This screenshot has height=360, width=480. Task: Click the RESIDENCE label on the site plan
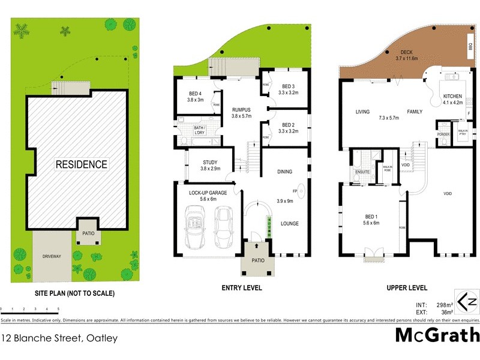(82, 164)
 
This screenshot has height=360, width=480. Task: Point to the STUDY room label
(209, 162)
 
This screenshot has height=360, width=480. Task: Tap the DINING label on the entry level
(284, 172)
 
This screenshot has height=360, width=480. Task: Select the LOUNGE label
(289, 224)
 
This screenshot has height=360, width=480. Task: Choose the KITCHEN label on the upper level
(452, 96)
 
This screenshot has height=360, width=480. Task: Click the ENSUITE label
(362, 172)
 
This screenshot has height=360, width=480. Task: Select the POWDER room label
(444, 134)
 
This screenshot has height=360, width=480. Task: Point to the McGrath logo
(437, 335)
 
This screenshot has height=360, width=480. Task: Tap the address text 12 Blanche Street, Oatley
(59, 338)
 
